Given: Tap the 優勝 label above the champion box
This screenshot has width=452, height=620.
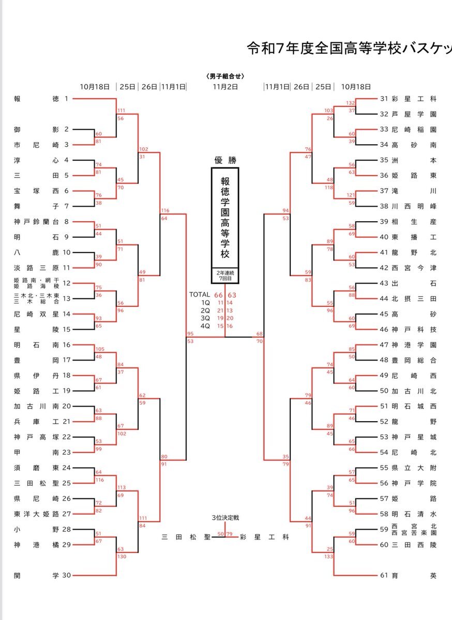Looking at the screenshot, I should [225, 160].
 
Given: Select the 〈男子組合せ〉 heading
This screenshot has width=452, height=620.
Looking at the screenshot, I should [225, 76].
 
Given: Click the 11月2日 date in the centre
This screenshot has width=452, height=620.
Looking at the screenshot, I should [225, 87].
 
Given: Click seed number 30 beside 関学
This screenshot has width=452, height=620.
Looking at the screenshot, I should [66, 575].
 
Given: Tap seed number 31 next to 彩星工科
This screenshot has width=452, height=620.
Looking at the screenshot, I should [384, 98].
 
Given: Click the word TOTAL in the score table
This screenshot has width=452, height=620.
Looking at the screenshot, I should [200, 295].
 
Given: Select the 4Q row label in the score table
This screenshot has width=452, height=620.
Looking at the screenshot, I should [206, 326].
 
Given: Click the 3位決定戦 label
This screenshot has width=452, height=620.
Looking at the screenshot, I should [224, 518].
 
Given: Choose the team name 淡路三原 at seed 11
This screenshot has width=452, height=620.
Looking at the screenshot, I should [36, 268].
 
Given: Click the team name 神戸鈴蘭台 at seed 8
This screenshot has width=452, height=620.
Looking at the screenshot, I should [36, 222].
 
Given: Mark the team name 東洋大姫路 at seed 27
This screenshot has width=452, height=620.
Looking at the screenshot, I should [36, 514].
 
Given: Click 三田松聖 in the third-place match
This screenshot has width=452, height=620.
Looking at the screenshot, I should [186, 537].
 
